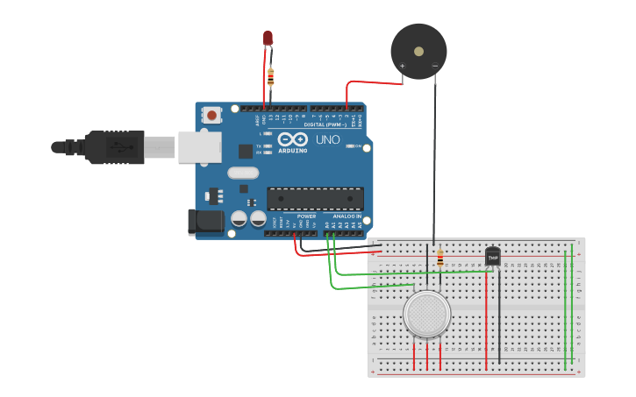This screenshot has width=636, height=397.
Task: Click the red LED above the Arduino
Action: pos(268,39)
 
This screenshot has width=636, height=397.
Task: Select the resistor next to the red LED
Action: pos(270,77)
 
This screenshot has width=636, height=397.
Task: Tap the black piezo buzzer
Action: pos(418,49)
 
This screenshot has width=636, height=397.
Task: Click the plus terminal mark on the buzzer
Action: pos(403,66)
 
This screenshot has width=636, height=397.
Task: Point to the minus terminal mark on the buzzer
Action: pos(435,66)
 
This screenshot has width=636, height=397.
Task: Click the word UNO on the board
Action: pos(327,139)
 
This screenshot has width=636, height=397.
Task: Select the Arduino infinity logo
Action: pos(292,139)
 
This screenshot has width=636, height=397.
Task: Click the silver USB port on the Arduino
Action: pos(199,147)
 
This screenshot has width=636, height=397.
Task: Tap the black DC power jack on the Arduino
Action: pos(206,222)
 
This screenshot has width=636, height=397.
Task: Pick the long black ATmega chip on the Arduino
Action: pos(315,199)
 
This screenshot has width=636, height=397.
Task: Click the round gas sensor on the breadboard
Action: pos(427,313)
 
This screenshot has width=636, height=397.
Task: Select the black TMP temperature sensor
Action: pos(492,256)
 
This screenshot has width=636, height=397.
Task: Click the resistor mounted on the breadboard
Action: pos(439,258)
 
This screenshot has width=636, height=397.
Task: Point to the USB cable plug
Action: pos(114,147)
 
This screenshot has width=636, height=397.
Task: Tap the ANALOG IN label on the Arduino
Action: pos(347,216)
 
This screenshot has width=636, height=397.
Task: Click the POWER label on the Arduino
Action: pos(306,216)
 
